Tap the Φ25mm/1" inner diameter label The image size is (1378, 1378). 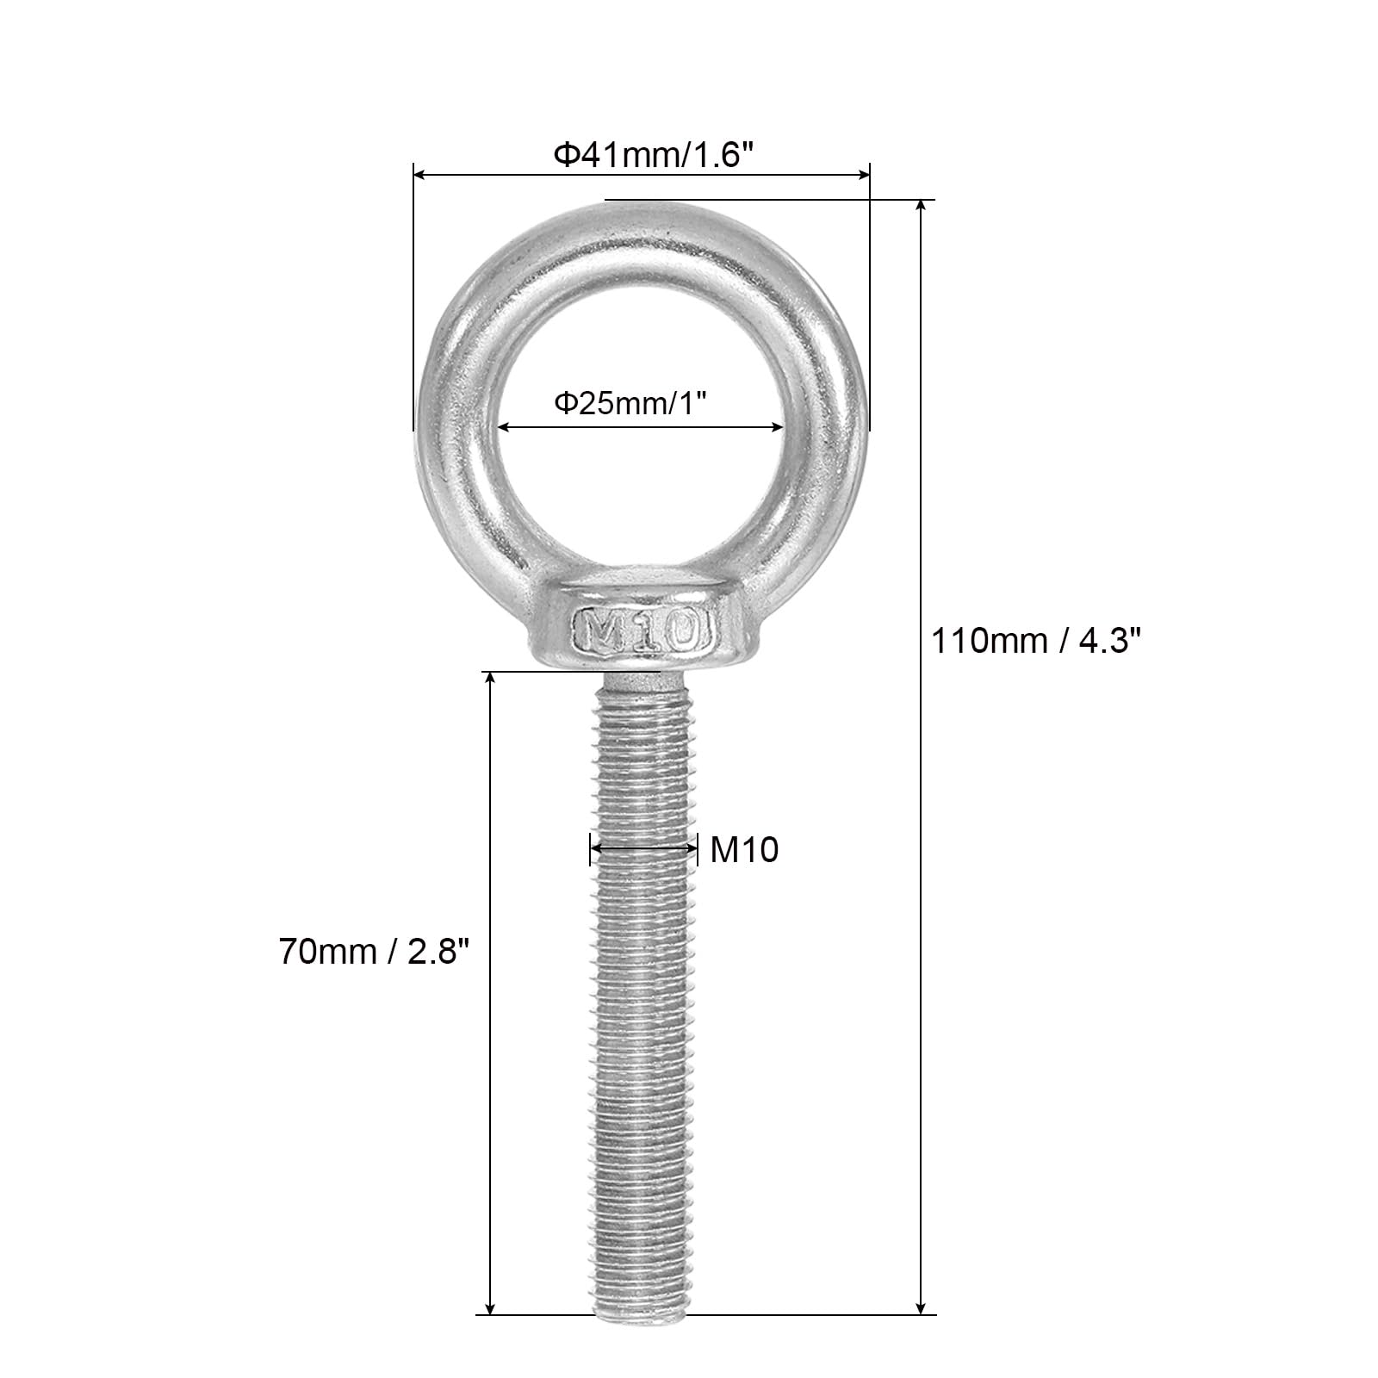pyautogui.click(x=635, y=403)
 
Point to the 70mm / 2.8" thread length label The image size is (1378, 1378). pyautogui.click(x=375, y=952)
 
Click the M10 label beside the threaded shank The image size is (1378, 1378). pyautogui.click(x=744, y=850)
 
